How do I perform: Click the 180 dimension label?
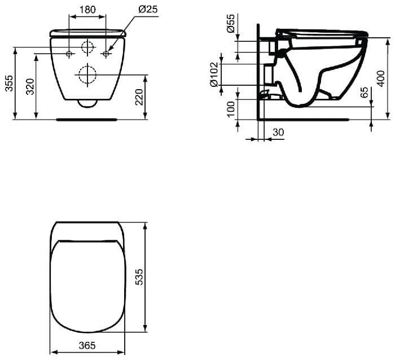click(87, 10)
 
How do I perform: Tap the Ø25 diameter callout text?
click(148, 10)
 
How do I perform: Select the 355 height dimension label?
click(10, 83)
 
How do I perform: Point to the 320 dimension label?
click(30, 87)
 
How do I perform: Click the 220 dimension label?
click(139, 97)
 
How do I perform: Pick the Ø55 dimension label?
click(231, 24)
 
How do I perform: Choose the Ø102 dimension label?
click(214, 74)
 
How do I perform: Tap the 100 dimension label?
click(230, 109)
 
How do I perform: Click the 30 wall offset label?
click(278, 132)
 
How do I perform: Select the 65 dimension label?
click(365, 92)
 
